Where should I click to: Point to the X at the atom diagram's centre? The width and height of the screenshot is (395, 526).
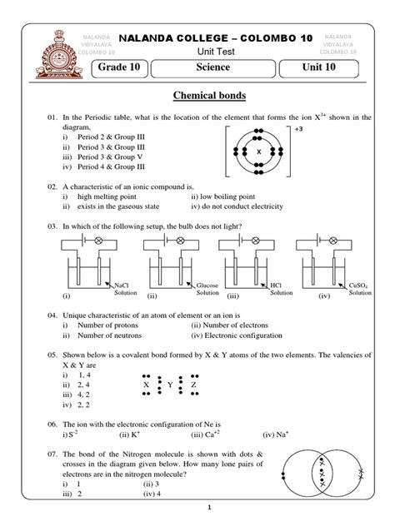click(258, 152)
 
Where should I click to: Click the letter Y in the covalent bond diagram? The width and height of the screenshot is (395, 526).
click(170, 386)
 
